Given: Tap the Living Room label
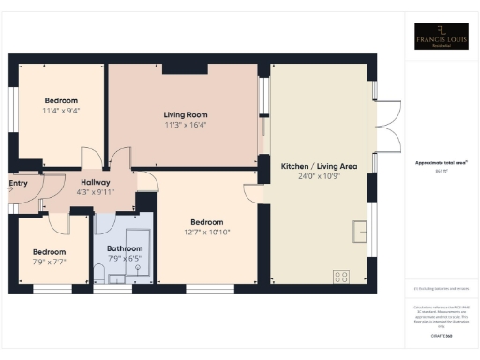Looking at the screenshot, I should (x=185, y=112).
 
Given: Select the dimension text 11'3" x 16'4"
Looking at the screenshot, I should (x=185, y=124).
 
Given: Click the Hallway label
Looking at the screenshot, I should (x=96, y=182).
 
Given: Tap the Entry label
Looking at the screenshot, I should (x=18, y=183).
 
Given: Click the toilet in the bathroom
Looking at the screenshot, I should (x=99, y=271).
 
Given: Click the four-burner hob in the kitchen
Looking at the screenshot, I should (x=341, y=277).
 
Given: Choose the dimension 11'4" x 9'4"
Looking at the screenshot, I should (x=61, y=112).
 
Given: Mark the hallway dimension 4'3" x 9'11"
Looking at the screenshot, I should (x=96, y=192).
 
